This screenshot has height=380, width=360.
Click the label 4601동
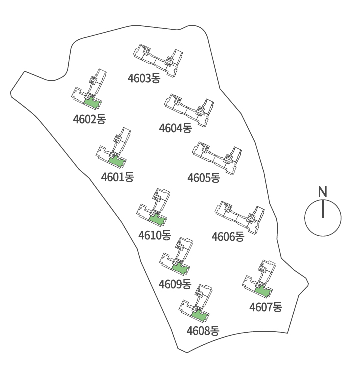(117, 177)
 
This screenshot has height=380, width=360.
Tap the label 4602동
(89, 119)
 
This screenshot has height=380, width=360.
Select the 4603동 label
(144, 78)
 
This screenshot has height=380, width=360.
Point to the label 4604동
(175, 128)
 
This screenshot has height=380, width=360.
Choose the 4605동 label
(204, 178)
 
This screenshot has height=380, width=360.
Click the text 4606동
(228, 237)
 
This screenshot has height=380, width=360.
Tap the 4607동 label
(266, 307)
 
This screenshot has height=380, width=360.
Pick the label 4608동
(203, 331)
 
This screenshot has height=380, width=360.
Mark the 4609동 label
(175, 284)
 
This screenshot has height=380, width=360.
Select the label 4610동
(155, 235)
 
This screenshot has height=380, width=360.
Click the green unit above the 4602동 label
(92, 103)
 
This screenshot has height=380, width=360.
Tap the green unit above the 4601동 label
(117, 161)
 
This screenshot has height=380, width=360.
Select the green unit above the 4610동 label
(157, 220)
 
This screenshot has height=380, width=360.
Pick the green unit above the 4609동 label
(180, 268)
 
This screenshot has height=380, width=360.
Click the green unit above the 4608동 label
(200, 316)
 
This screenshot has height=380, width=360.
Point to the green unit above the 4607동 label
(263, 291)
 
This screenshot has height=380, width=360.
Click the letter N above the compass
(322, 191)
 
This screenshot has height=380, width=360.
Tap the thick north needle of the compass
(323, 209)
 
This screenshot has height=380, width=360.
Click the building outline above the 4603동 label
(158, 60)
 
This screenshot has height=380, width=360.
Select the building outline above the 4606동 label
(240, 217)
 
